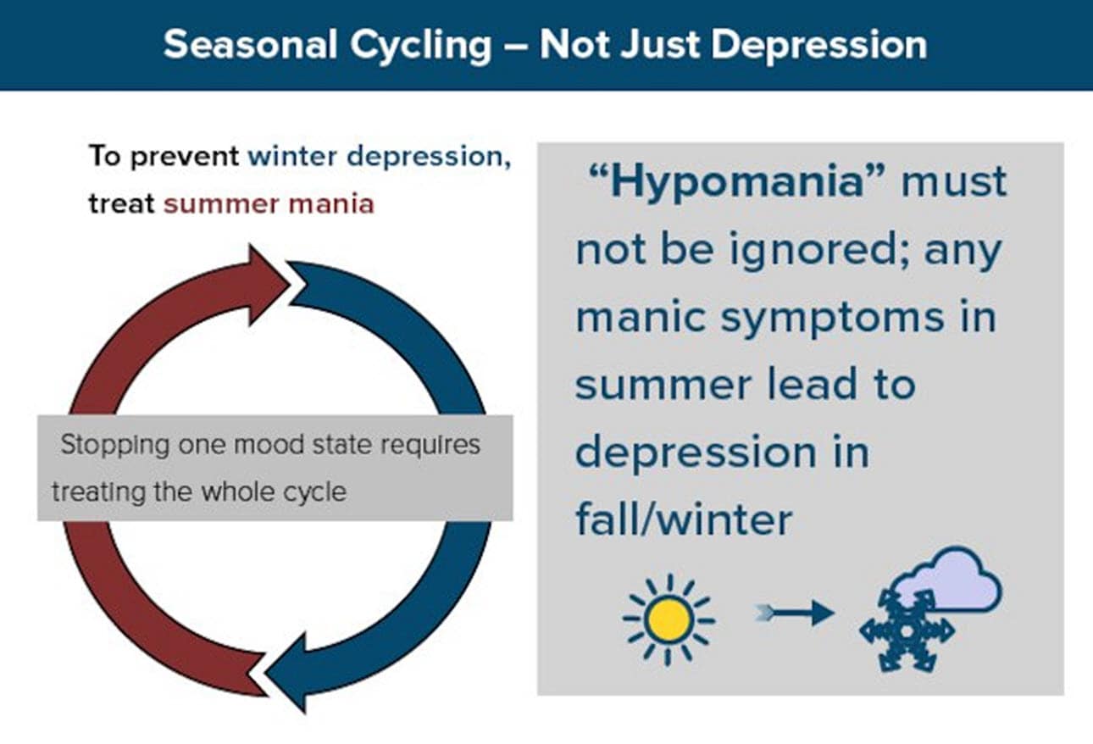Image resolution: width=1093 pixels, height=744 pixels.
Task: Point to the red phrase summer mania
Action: click(x=269, y=204)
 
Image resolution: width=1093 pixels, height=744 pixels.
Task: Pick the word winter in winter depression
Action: click(x=292, y=158)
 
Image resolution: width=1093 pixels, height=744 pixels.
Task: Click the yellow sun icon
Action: click(x=669, y=619)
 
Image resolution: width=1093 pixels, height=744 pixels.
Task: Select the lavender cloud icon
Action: click(x=953, y=583)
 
